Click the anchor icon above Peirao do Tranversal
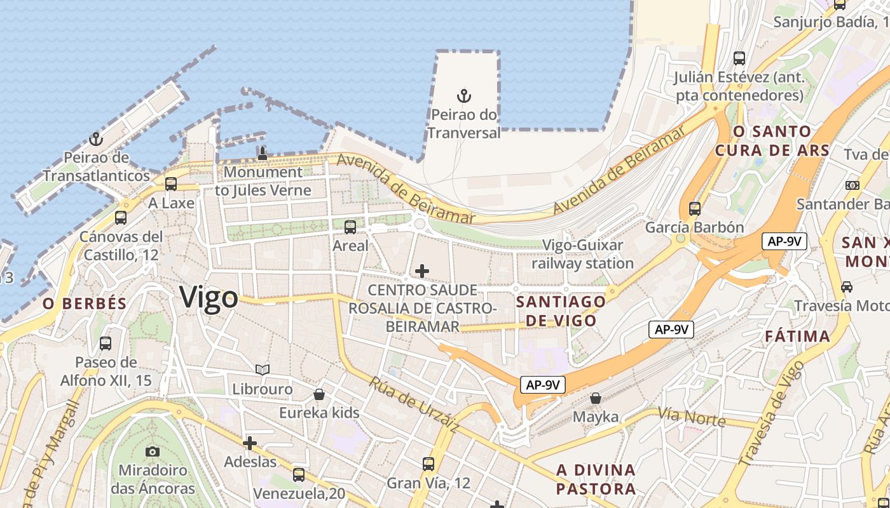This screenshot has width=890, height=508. (464, 97)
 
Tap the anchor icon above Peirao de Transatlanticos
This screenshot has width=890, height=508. (96, 139)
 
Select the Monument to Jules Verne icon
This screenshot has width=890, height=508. (262, 152)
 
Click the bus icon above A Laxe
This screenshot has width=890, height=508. (171, 184)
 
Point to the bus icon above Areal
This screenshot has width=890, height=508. (350, 227)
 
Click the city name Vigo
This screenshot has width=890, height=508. (209, 297)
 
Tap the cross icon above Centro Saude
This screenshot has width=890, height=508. (421, 272)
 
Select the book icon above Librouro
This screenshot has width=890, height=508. (263, 370)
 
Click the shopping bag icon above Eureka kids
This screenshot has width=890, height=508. (319, 394)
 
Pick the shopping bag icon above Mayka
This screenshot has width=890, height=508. (596, 398)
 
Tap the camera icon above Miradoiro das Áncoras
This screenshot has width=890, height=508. (153, 451)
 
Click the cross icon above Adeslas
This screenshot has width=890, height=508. (250, 443)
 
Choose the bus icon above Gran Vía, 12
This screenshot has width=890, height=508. (428, 464)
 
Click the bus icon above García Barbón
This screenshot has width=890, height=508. (695, 208)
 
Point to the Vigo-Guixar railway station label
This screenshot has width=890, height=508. (583, 254)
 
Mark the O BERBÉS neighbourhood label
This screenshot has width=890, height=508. (85, 304)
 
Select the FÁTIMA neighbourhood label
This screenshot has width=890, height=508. (797, 336)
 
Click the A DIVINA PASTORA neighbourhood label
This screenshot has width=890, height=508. (596, 479)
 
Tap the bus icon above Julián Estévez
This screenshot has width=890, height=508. (739, 58)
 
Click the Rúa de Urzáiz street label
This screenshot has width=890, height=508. (414, 404)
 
